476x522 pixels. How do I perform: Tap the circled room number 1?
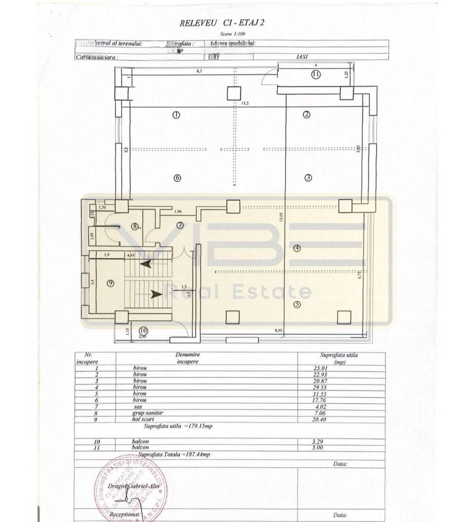click(x=176, y=115)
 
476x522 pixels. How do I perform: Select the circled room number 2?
click(x=306, y=115)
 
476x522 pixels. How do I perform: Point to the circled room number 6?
click(x=177, y=178)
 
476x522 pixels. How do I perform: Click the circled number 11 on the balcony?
click(x=316, y=74)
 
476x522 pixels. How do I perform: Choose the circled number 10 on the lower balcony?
click(x=144, y=331)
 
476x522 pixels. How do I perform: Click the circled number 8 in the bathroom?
click(x=135, y=226)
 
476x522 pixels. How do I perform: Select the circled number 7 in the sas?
click(x=180, y=225)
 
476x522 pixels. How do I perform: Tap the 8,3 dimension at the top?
click(x=199, y=72)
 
